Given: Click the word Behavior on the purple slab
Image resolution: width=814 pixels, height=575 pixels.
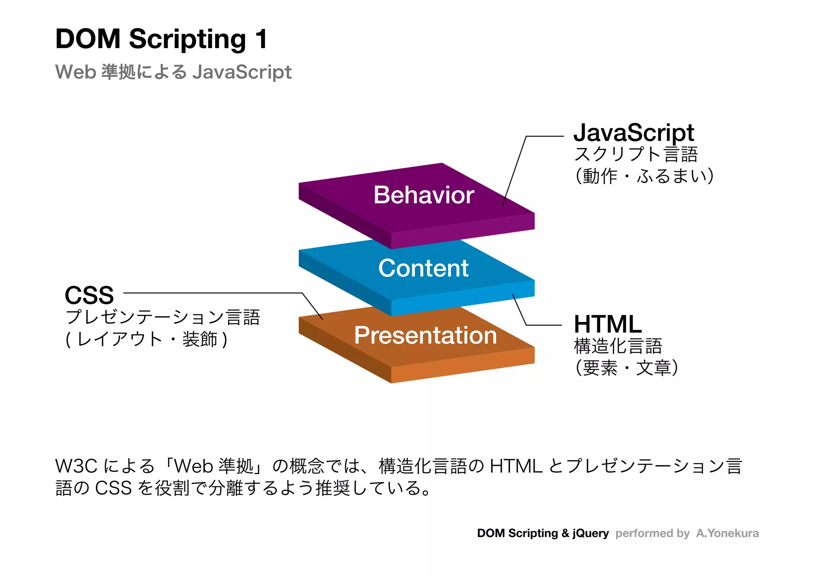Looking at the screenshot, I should click(424, 195).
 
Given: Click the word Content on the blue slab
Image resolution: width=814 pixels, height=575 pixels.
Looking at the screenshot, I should click(423, 268).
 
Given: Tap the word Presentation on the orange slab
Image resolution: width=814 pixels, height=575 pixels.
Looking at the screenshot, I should click(425, 335).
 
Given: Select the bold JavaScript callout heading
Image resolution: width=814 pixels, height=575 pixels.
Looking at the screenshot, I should click(634, 133).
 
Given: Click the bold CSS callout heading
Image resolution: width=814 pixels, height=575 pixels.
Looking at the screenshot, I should click(89, 295).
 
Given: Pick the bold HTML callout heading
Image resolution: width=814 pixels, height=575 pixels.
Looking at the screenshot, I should click(608, 324).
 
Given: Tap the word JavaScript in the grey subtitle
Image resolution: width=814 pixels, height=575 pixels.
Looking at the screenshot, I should click(242, 72).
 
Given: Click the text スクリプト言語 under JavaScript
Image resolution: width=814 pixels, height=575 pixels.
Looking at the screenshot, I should click(636, 154).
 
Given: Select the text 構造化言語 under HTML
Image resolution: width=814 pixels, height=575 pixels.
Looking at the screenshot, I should click(618, 346).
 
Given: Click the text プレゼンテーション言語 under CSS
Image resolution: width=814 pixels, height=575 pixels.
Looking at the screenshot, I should click(163, 317).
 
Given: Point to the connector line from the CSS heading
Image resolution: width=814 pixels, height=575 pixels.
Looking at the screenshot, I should click(213, 293).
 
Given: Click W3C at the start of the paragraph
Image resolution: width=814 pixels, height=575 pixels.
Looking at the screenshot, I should click(76, 466).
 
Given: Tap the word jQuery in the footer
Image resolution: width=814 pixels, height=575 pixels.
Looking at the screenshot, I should click(591, 533).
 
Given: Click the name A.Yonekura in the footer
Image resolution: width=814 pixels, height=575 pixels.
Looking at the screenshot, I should click(727, 533).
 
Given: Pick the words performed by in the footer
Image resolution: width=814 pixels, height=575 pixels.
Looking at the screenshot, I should click(652, 533).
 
